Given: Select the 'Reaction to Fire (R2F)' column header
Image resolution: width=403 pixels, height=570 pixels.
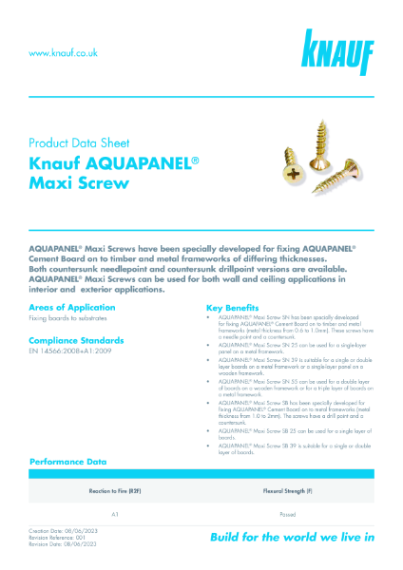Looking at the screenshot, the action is [114, 492].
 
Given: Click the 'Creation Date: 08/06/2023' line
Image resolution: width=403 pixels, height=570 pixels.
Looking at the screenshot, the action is [64, 532].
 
